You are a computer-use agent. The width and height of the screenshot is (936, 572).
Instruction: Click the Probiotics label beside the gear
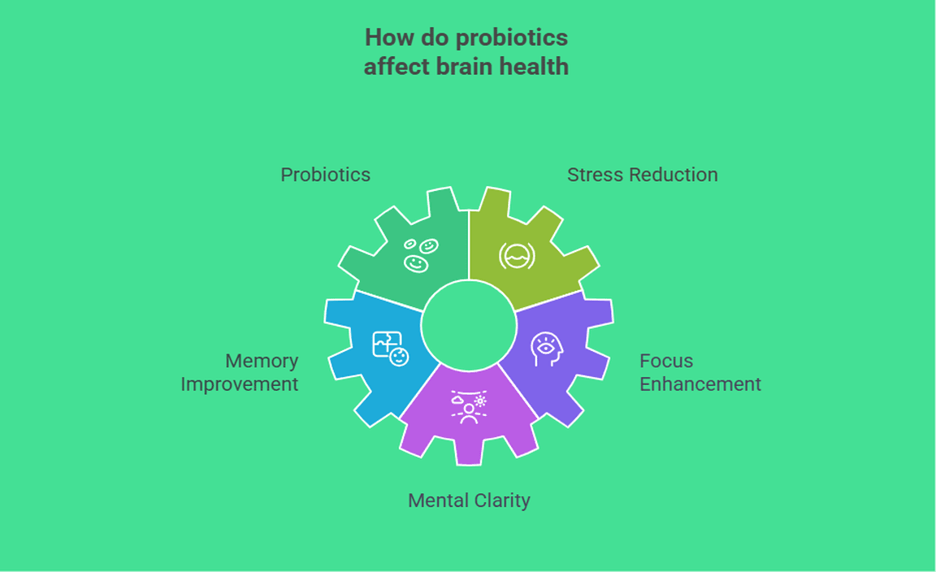coord(325,175)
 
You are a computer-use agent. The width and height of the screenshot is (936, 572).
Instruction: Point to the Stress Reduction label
coord(642,175)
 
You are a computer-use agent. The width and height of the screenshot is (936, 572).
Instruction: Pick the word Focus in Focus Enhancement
coord(666,361)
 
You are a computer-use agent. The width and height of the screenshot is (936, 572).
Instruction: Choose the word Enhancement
coord(700,384)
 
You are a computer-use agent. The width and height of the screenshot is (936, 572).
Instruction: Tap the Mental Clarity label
coord(469,500)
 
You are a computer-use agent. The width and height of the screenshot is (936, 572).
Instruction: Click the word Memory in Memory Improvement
coord(262,361)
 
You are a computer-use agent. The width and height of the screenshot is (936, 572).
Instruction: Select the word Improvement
coord(240,384)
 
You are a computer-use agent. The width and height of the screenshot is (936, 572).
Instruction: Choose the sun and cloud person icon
coord(469,407)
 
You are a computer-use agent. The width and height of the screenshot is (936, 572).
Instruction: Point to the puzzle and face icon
coord(390,348)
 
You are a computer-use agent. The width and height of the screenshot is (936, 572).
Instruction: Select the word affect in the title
coord(388,67)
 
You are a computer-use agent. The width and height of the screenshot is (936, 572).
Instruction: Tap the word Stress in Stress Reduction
coord(593,175)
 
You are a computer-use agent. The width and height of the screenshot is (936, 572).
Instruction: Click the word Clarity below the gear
coord(501,500)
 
